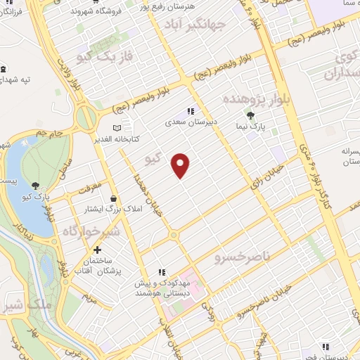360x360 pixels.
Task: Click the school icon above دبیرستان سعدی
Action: [x=189, y=111]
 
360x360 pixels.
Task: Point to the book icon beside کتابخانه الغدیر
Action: [x=117, y=127]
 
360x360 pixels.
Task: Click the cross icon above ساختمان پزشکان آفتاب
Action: [x=97, y=250]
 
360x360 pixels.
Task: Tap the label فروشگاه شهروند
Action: [x=100, y=11]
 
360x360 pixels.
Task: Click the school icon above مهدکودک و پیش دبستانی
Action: [x=162, y=272]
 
